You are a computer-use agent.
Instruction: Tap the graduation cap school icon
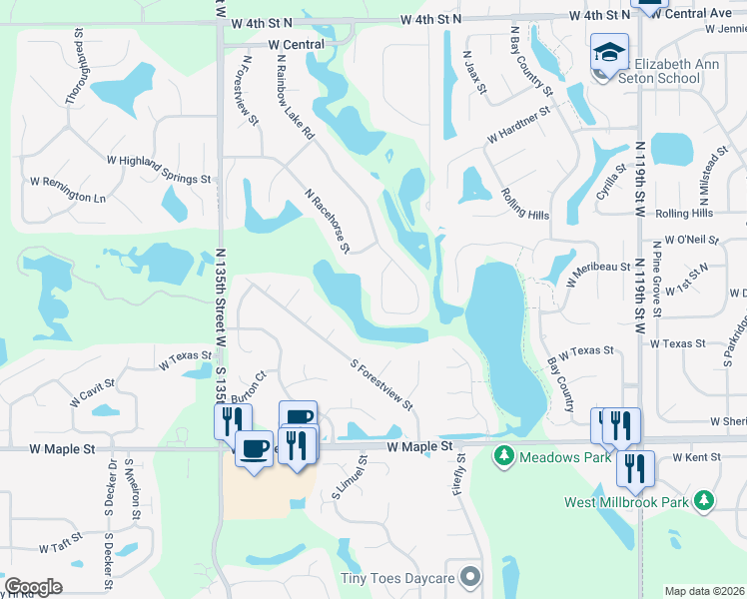click(x=609, y=50)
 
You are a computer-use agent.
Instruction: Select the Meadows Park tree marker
click(x=504, y=457)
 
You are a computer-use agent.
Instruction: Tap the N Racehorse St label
click(x=329, y=221)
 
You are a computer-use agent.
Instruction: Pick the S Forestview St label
click(x=381, y=383)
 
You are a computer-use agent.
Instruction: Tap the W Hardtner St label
click(x=519, y=124)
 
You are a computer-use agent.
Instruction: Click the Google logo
click(x=33, y=587)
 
